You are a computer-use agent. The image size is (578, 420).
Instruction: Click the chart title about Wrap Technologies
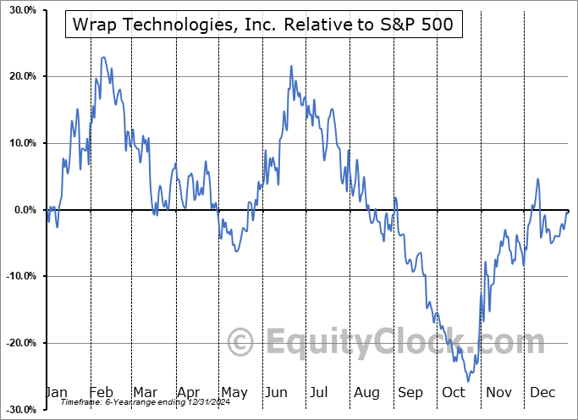pyautogui.click(x=262, y=25)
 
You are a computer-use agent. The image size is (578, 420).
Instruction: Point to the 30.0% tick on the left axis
pyautogui.click(x=19, y=10)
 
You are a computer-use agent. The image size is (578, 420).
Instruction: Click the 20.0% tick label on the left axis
pyautogui.click(x=19, y=76)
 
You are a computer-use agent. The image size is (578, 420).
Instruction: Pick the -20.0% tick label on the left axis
pyautogui.click(x=18, y=343)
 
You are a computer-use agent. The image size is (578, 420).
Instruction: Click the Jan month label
pyautogui.click(x=55, y=393)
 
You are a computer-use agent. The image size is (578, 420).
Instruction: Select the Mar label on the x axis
pyautogui.click(x=144, y=393)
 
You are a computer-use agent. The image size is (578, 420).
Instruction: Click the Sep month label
pyautogui.click(x=411, y=393)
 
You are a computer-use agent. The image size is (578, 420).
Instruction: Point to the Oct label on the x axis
pyautogui.click(x=454, y=393)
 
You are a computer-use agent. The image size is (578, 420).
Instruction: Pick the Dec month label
pyautogui.click(x=543, y=393)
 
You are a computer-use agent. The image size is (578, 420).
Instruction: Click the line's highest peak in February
pyautogui.click(x=103, y=58)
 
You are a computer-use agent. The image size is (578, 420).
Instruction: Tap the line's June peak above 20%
pyautogui.click(x=291, y=66)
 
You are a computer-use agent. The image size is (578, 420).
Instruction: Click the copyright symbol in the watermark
pyautogui.click(x=241, y=343)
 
